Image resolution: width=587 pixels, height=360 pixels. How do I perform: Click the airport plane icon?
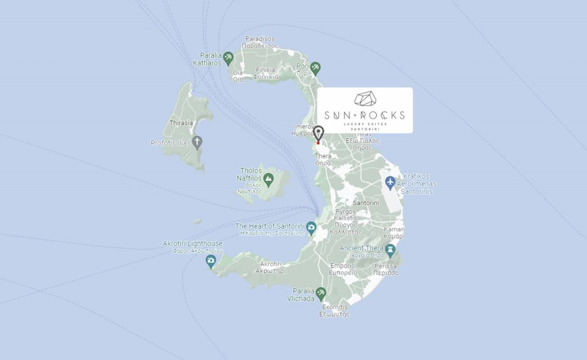[x=390, y=182]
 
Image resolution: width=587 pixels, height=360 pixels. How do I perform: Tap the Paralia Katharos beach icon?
[x=228, y=57]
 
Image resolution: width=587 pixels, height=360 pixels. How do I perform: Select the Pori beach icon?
[x=315, y=68]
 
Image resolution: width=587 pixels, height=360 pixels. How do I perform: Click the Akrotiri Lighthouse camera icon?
[x=211, y=261]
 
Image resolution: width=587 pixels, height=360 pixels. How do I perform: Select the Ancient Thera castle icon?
[x=390, y=249]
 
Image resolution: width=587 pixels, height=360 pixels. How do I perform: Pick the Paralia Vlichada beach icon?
[x=320, y=293]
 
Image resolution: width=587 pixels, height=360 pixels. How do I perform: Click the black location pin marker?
[x=319, y=133]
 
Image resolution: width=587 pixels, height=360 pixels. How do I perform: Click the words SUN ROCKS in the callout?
[x=365, y=115]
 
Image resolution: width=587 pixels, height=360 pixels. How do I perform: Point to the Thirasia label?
[x=181, y=123]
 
